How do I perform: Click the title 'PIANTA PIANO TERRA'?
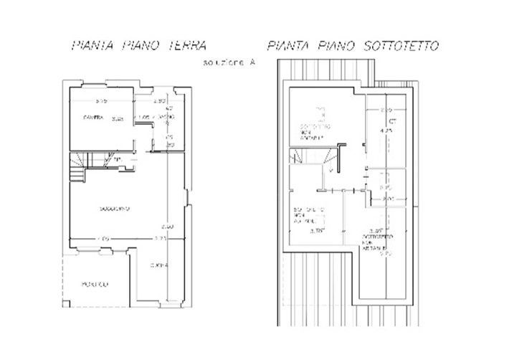139,45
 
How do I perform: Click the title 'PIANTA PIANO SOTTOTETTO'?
354,46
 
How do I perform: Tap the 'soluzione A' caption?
229,63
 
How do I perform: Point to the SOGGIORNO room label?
115,209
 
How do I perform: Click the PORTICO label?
94,285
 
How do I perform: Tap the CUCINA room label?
159,267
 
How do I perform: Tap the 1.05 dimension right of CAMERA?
143,117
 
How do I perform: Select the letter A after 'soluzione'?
252,63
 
